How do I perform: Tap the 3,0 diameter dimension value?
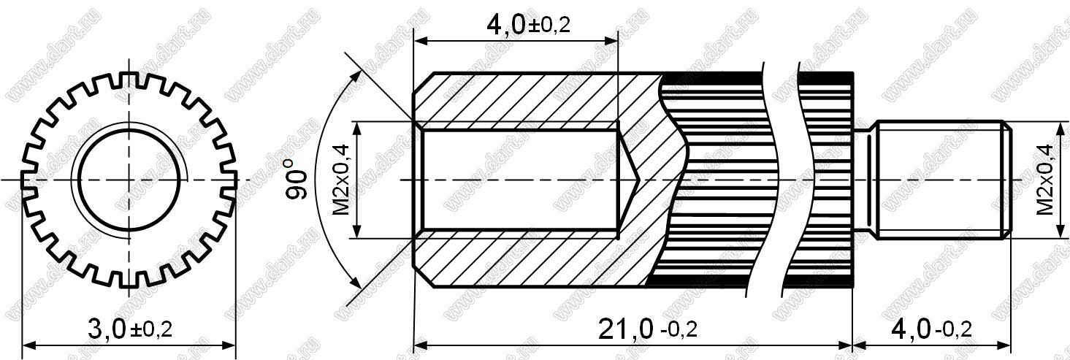107,329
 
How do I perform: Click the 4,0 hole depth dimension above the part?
506,25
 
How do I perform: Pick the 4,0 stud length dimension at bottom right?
912,329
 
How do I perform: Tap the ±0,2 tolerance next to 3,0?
150,330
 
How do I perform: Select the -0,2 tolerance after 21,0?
679,330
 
